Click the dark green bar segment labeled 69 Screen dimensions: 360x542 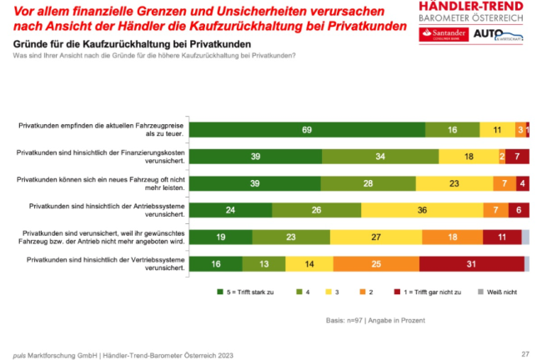point(307,129)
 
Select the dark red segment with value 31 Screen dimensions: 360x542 point(472,264)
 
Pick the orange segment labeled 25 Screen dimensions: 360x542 point(378,264)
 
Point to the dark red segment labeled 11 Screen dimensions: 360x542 point(502,237)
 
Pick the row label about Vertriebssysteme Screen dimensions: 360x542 point(124,264)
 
